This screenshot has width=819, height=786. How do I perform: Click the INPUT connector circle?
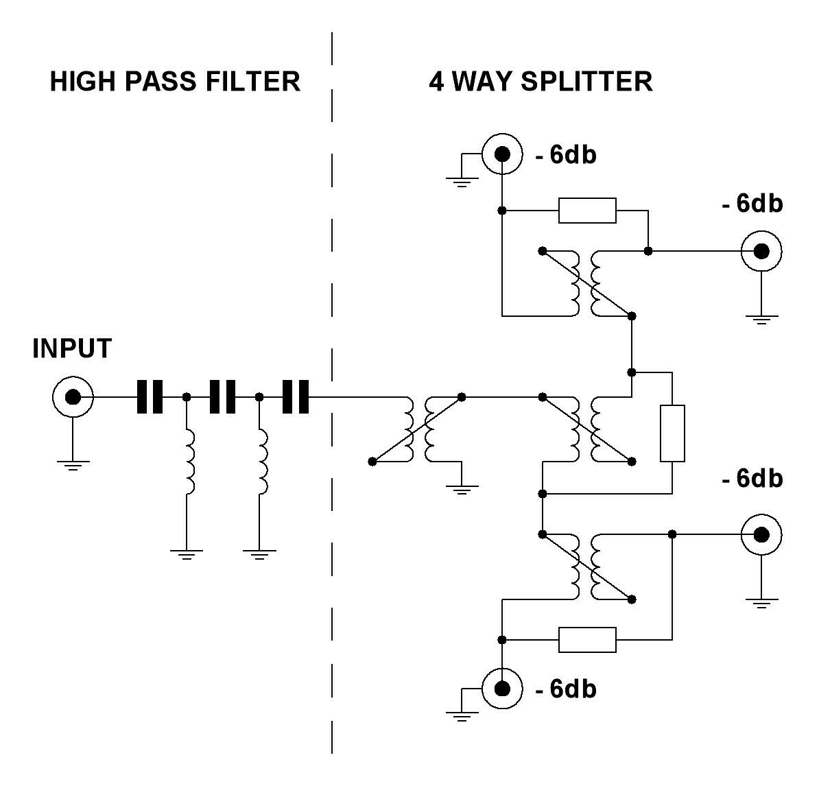click(72, 396)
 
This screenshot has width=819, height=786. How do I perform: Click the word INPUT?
click(71, 349)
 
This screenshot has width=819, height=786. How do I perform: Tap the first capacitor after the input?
click(150, 396)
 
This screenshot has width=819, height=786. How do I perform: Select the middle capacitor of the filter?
click(222, 396)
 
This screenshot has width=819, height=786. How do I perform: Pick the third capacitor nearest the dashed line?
click(296, 396)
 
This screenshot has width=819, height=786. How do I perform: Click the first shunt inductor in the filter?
click(187, 462)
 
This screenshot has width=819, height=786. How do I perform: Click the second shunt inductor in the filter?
click(261, 462)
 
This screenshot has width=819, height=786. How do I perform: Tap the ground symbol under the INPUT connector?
click(72, 466)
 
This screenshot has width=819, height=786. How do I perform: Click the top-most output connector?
click(502, 155)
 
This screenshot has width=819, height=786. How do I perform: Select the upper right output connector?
click(761, 252)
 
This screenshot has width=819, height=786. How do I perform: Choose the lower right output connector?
click(761, 534)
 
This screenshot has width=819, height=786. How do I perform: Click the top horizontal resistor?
click(587, 211)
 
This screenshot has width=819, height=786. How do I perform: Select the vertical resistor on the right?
click(672, 433)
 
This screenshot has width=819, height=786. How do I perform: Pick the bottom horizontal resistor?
click(587, 640)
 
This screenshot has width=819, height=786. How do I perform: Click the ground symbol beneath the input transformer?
click(462, 489)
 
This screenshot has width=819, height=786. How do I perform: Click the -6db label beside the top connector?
click(566, 156)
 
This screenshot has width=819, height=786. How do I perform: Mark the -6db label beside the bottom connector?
click(566, 689)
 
